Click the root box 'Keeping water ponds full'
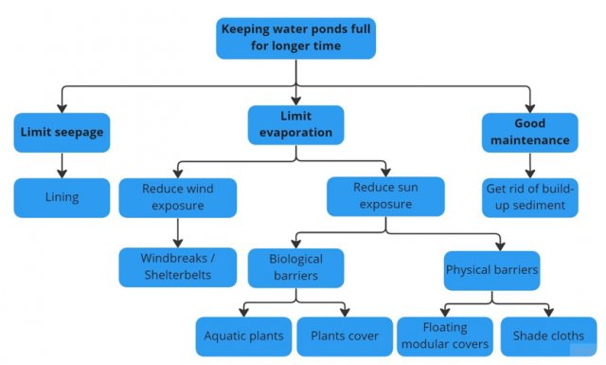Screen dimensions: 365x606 [297, 38]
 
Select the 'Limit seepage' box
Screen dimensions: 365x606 [62, 133]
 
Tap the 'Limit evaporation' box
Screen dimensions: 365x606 [296, 123]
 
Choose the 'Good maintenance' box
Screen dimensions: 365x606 [529, 133]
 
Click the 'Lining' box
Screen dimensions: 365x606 [62, 198]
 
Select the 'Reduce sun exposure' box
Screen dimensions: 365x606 [385, 195]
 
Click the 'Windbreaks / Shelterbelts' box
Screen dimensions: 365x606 [178, 266]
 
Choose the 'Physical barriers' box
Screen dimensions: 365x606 [491, 269]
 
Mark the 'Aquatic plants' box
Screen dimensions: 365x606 [242, 336]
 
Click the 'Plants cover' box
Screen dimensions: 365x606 [344, 336]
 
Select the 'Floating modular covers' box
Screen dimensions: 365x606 [444, 336]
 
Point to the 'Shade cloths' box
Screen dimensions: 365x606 [548, 336]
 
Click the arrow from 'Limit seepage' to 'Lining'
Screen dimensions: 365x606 [62, 165]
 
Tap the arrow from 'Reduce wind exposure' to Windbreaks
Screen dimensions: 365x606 [178, 232]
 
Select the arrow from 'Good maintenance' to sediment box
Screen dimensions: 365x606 [529, 165]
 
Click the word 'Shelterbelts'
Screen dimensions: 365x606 [178, 275]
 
